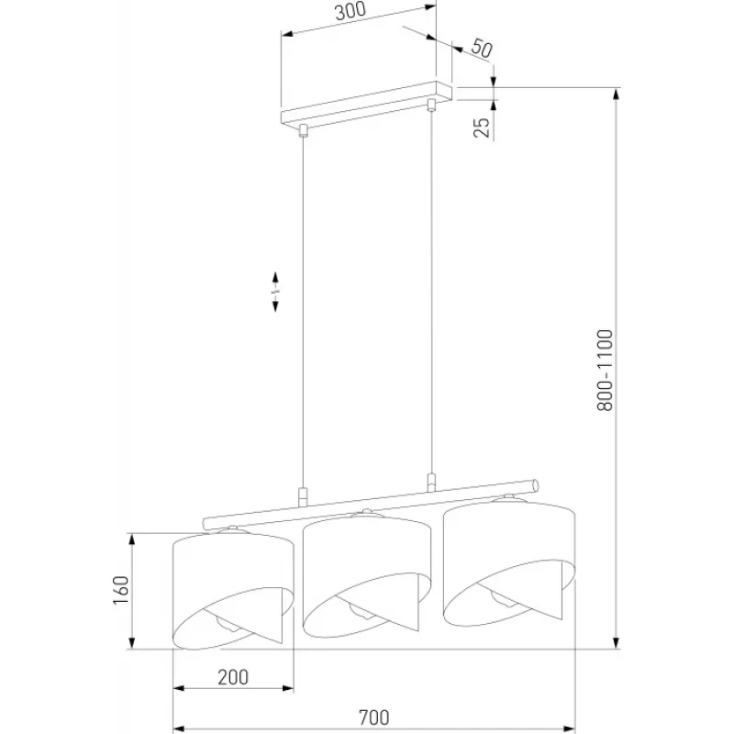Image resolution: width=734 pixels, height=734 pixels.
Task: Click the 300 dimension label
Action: (x=350, y=11)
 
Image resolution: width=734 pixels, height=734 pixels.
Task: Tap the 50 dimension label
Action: (x=482, y=49)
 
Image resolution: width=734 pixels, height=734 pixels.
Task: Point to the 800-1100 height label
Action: (x=605, y=371)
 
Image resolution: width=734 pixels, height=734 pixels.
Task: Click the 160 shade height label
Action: (x=121, y=590)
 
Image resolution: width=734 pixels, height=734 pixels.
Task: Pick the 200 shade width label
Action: (x=233, y=677)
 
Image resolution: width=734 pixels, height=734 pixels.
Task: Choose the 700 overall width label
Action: (x=373, y=717)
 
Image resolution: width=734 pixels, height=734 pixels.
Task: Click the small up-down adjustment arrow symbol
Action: (x=275, y=291)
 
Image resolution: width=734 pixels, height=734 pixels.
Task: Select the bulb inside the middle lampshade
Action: (x=359, y=611)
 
